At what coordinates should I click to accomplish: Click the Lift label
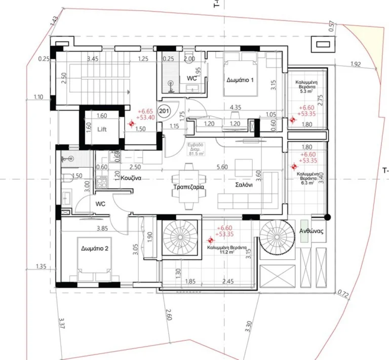pos(102,129)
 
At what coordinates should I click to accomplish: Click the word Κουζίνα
pos(130,178)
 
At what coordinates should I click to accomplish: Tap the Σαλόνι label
pos(243,185)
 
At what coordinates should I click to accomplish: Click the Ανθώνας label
pos(312,230)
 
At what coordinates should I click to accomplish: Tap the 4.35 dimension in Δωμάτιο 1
pos(235,107)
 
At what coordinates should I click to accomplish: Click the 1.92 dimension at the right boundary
pos(355,64)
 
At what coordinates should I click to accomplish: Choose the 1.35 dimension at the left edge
pos(42,266)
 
